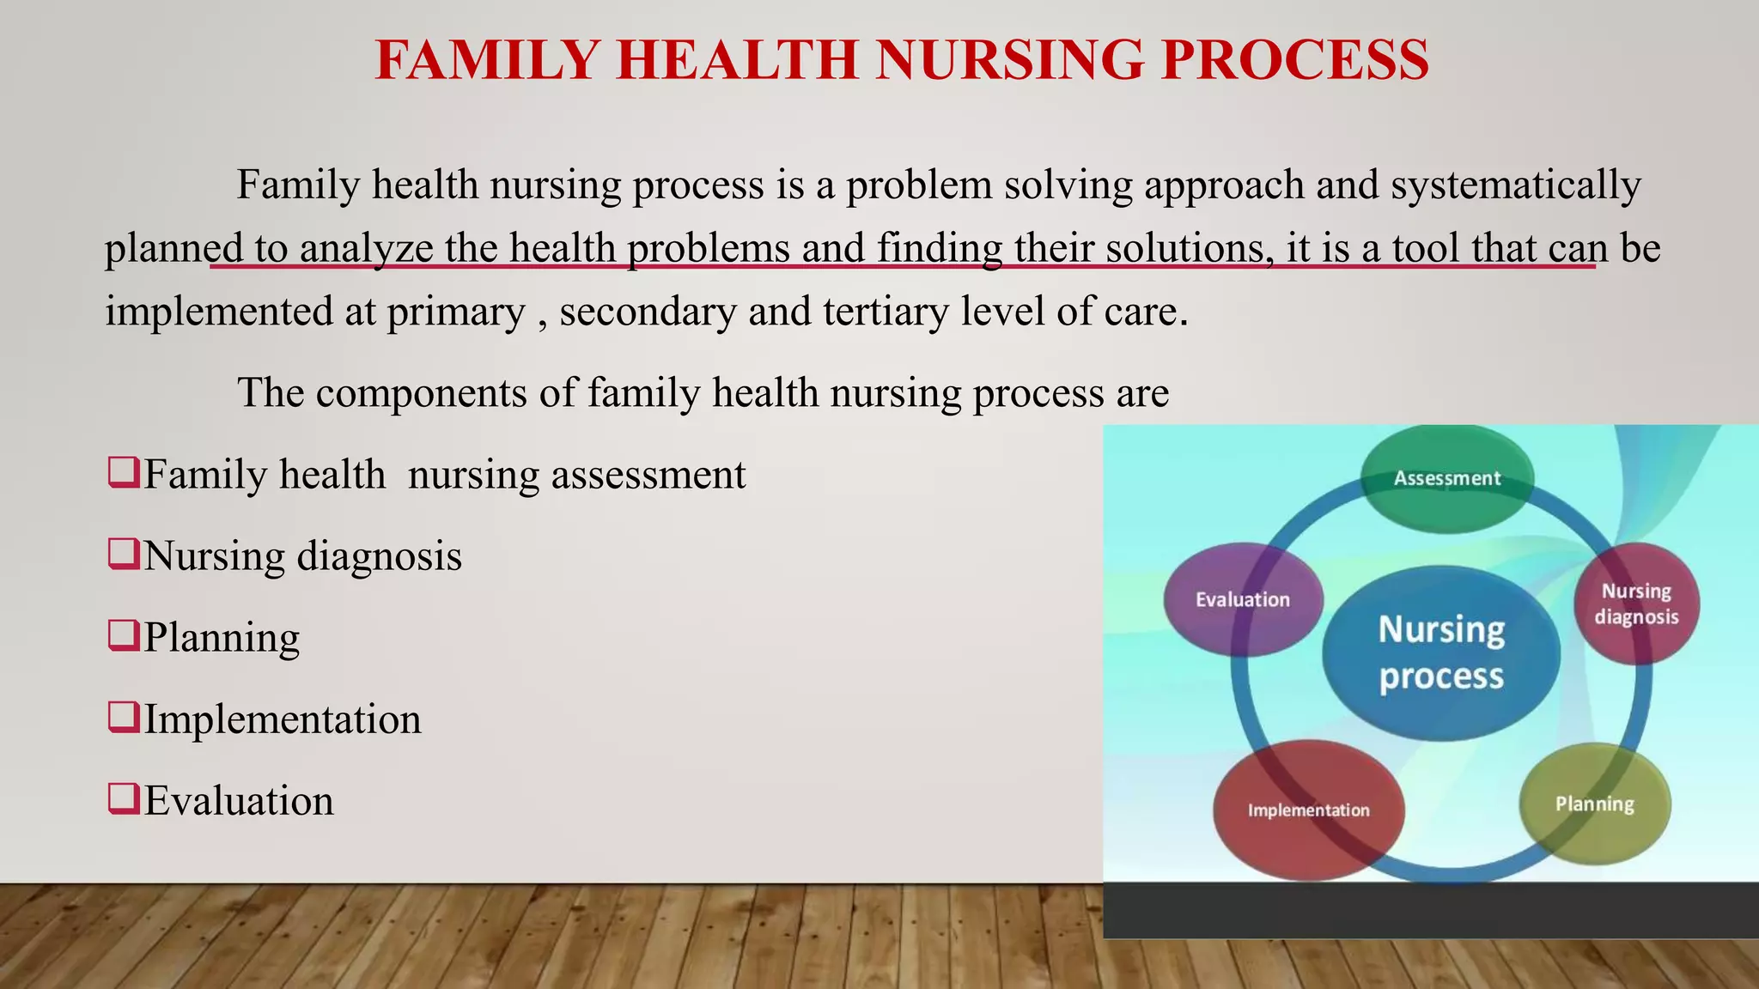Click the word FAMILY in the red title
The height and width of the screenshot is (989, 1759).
(x=486, y=60)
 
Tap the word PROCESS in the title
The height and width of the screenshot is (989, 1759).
(x=1295, y=60)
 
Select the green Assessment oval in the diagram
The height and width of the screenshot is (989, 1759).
(x=1447, y=479)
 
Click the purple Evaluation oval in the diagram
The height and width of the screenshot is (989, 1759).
(x=1242, y=600)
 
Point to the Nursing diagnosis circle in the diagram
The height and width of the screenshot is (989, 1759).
(x=1636, y=604)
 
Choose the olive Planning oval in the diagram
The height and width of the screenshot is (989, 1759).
(x=1595, y=804)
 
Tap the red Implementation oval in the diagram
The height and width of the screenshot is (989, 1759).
(x=1308, y=810)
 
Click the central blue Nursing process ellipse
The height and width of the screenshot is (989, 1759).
(x=1441, y=653)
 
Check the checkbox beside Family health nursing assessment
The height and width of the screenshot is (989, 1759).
(x=124, y=473)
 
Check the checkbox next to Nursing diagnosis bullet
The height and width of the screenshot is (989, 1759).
(x=124, y=555)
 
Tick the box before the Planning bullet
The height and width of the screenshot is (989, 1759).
(x=124, y=636)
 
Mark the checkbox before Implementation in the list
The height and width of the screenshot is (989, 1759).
(x=124, y=718)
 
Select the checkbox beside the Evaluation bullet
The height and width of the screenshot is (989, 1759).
(x=124, y=799)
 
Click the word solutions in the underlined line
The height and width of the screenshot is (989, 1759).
(x=1190, y=249)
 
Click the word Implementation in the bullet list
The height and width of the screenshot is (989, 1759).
(x=283, y=719)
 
